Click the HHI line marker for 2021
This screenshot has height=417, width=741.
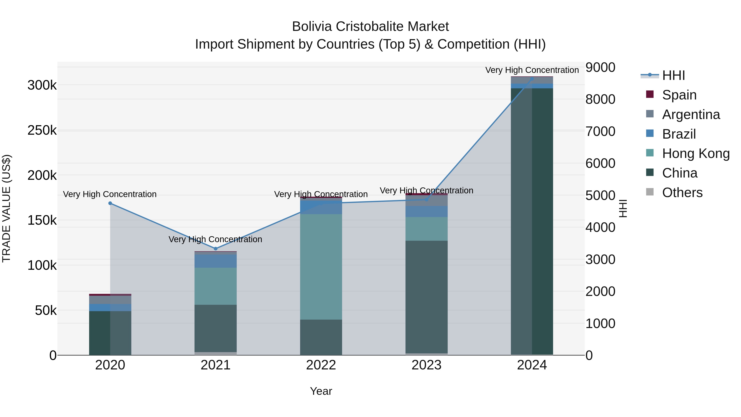click(x=216, y=249)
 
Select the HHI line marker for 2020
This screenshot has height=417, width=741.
click(x=110, y=203)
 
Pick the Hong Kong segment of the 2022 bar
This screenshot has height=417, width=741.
click(x=321, y=267)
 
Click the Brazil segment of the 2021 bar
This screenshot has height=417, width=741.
click(x=216, y=261)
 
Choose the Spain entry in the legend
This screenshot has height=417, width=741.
click(x=679, y=95)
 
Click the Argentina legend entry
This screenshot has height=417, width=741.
click(x=690, y=114)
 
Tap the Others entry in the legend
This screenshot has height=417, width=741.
click(x=682, y=193)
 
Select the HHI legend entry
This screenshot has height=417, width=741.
click(x=673, y=75)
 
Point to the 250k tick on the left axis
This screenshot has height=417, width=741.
click(x=42, y=130)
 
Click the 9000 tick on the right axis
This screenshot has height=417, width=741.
click(x=600, y=67)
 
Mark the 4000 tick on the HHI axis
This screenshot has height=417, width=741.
click(x=600, y=227)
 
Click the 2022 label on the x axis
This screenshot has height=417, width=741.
click(x=321, y=365)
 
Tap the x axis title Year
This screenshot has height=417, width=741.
click(x=321, y=391)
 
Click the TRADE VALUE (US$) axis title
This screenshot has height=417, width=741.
click(x=6, y=208)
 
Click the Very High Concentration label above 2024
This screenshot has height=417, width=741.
click(x=532, y=70)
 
